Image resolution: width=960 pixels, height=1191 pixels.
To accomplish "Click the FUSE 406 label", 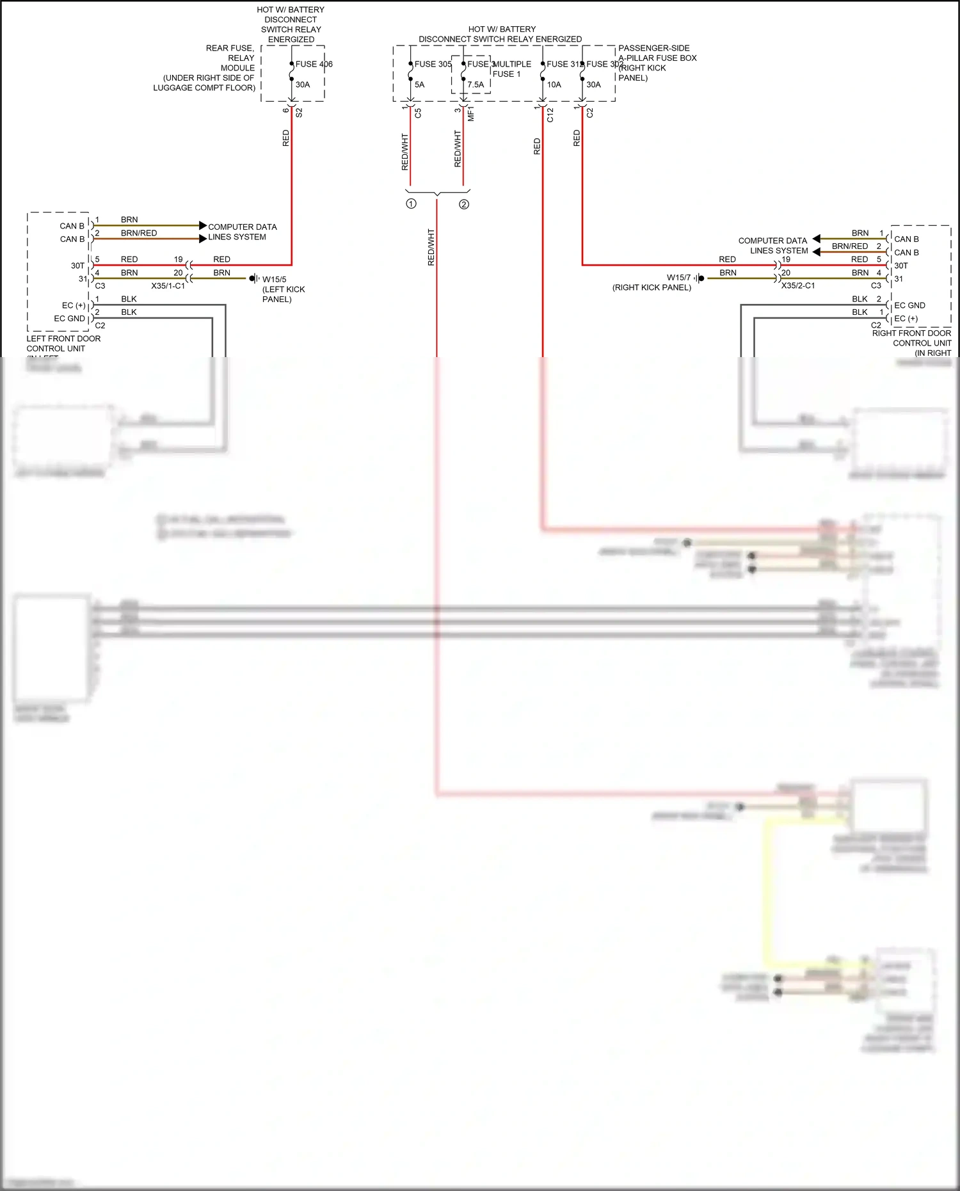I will click(314, 64).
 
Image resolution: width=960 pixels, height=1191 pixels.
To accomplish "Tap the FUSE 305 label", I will click(433, 64).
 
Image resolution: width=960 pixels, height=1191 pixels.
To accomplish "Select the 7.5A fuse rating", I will click(476, 84).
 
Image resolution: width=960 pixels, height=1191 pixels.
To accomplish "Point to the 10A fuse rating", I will click(554, 84).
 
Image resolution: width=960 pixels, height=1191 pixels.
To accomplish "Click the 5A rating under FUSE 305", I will click(419, 84).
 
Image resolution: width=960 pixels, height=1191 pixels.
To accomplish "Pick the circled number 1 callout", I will click(411, 204).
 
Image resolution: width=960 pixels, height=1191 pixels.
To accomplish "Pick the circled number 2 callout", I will click(464, 205).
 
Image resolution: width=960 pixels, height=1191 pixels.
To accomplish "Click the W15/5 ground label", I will click(274, 280).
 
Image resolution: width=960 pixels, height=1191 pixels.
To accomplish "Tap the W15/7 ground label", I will click(678, 278).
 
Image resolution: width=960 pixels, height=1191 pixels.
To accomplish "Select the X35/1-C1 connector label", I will click(168, 286).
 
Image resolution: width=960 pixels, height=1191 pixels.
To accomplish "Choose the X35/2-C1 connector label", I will click(798, 286).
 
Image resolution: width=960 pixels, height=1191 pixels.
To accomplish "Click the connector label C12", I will click(550, 115).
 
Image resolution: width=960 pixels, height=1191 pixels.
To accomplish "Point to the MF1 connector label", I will click(471, 115).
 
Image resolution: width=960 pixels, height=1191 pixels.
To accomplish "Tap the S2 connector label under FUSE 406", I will click(299, 113).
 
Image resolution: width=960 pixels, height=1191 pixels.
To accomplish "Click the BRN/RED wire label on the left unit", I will click(139, 233).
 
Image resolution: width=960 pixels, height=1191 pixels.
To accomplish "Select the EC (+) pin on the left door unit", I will click(74, 305).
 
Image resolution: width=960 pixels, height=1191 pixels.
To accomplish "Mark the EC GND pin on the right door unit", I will click(909, 305).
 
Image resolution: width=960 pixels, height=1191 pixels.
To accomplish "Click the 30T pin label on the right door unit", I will click(901, 266).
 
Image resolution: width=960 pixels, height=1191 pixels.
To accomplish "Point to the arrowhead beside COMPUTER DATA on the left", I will click(203, 225).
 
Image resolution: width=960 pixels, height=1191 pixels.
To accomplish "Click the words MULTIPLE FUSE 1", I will click(511, 69).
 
